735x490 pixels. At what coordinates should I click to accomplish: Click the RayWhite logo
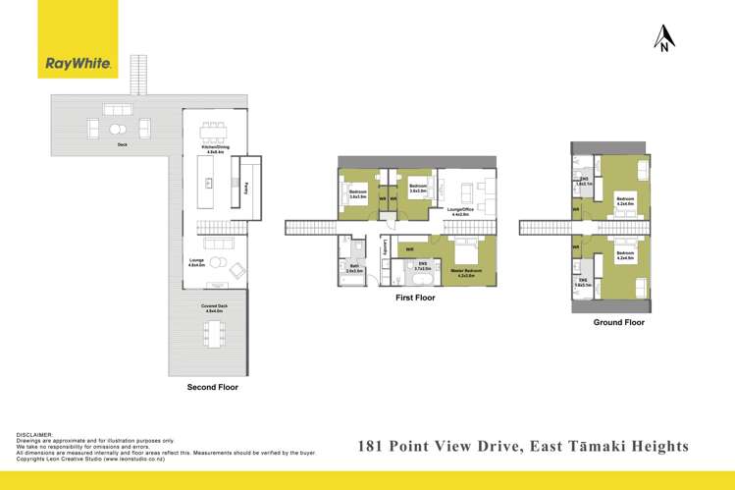79,65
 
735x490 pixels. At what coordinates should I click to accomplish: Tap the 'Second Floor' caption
212,388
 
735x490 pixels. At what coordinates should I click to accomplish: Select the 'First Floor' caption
415,296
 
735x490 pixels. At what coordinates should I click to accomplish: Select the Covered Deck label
214,309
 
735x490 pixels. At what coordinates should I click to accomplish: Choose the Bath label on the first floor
353,267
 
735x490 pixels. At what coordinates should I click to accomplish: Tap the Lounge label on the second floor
197,262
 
